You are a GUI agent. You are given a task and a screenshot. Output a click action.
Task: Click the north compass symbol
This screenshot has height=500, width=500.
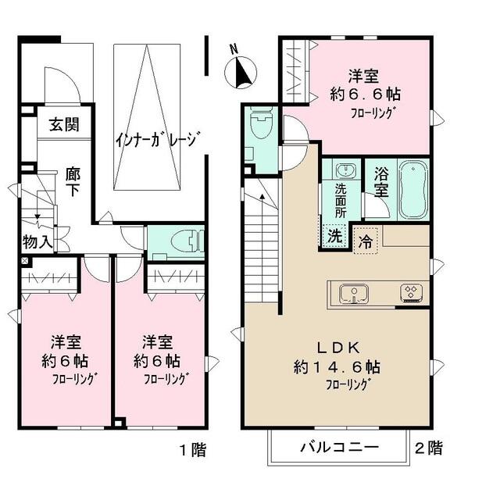(241, 72)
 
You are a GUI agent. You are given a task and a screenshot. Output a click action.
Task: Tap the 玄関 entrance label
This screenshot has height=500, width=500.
(64, 124)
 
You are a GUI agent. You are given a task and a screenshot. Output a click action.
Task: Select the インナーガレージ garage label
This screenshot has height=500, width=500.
(159, 139)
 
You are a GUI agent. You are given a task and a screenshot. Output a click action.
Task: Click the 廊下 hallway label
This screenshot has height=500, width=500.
(73, 182)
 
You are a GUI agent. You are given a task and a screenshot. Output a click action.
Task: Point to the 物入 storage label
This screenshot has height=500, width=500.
(37, 241)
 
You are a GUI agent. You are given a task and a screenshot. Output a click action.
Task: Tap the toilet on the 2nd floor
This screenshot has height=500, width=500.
(262, 123)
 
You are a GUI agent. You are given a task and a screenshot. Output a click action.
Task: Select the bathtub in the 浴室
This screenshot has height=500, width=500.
(413, 190)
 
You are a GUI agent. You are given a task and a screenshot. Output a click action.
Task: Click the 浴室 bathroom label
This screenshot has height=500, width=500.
(381, 182)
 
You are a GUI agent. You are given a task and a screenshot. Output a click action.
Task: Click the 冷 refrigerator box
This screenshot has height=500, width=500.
(366, 241)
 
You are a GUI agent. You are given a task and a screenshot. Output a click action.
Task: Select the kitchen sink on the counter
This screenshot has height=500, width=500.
(354, 294)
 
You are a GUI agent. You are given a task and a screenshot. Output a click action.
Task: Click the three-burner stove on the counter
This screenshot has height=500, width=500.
(412, 293)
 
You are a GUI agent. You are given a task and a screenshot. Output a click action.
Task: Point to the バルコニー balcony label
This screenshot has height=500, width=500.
(340, 447)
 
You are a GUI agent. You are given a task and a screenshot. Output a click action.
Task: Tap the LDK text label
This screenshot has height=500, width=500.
(338, 347)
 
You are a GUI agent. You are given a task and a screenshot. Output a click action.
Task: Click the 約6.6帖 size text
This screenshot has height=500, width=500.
(366, 94)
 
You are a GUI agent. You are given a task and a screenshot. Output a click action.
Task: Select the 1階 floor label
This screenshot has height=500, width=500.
(193, 450)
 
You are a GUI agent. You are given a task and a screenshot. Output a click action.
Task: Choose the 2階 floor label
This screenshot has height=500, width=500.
(429, 448)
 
